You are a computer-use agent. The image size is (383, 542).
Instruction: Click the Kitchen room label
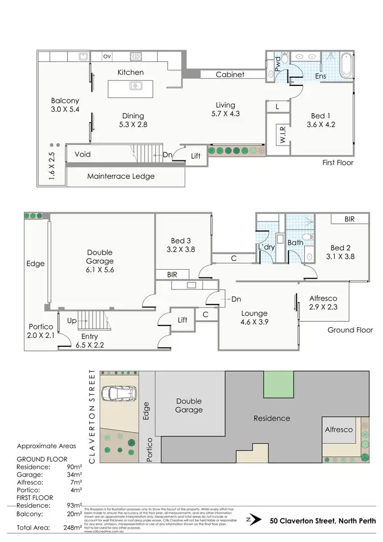pos(131,72)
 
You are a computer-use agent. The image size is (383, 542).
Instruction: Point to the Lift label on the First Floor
pos(196,156)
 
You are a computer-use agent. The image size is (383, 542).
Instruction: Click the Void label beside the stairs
pos(83,154)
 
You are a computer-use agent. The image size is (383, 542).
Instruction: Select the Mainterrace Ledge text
pos(121,176)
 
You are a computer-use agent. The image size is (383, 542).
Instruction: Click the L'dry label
pos(266,248)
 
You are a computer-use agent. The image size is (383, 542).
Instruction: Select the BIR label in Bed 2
pos(349,219)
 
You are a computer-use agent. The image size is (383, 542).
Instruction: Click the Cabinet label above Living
pos(230,74)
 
